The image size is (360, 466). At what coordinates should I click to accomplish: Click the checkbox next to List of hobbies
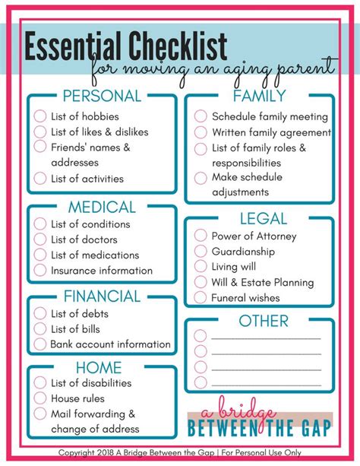point(39,116)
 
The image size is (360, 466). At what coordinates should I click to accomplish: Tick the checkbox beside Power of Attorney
point(201,236)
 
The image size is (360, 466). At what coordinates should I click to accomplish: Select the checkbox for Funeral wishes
point(201,298)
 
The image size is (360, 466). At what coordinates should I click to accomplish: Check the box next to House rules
point(39,398)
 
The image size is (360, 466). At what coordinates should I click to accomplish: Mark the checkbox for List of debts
point(39,314)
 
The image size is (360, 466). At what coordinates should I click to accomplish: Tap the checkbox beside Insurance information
point(39,271)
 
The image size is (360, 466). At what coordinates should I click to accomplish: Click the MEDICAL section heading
point(102,207)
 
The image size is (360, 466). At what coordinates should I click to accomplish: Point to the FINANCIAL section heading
point(102,296)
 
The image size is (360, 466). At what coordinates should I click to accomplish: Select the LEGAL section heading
point(263,219)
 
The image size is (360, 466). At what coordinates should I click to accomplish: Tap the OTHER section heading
point(263,321)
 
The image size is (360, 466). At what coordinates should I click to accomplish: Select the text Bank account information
point(111,344)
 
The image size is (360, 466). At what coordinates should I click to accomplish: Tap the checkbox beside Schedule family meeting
point(201,116)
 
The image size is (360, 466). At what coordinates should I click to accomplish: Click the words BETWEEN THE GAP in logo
point(259,428)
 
